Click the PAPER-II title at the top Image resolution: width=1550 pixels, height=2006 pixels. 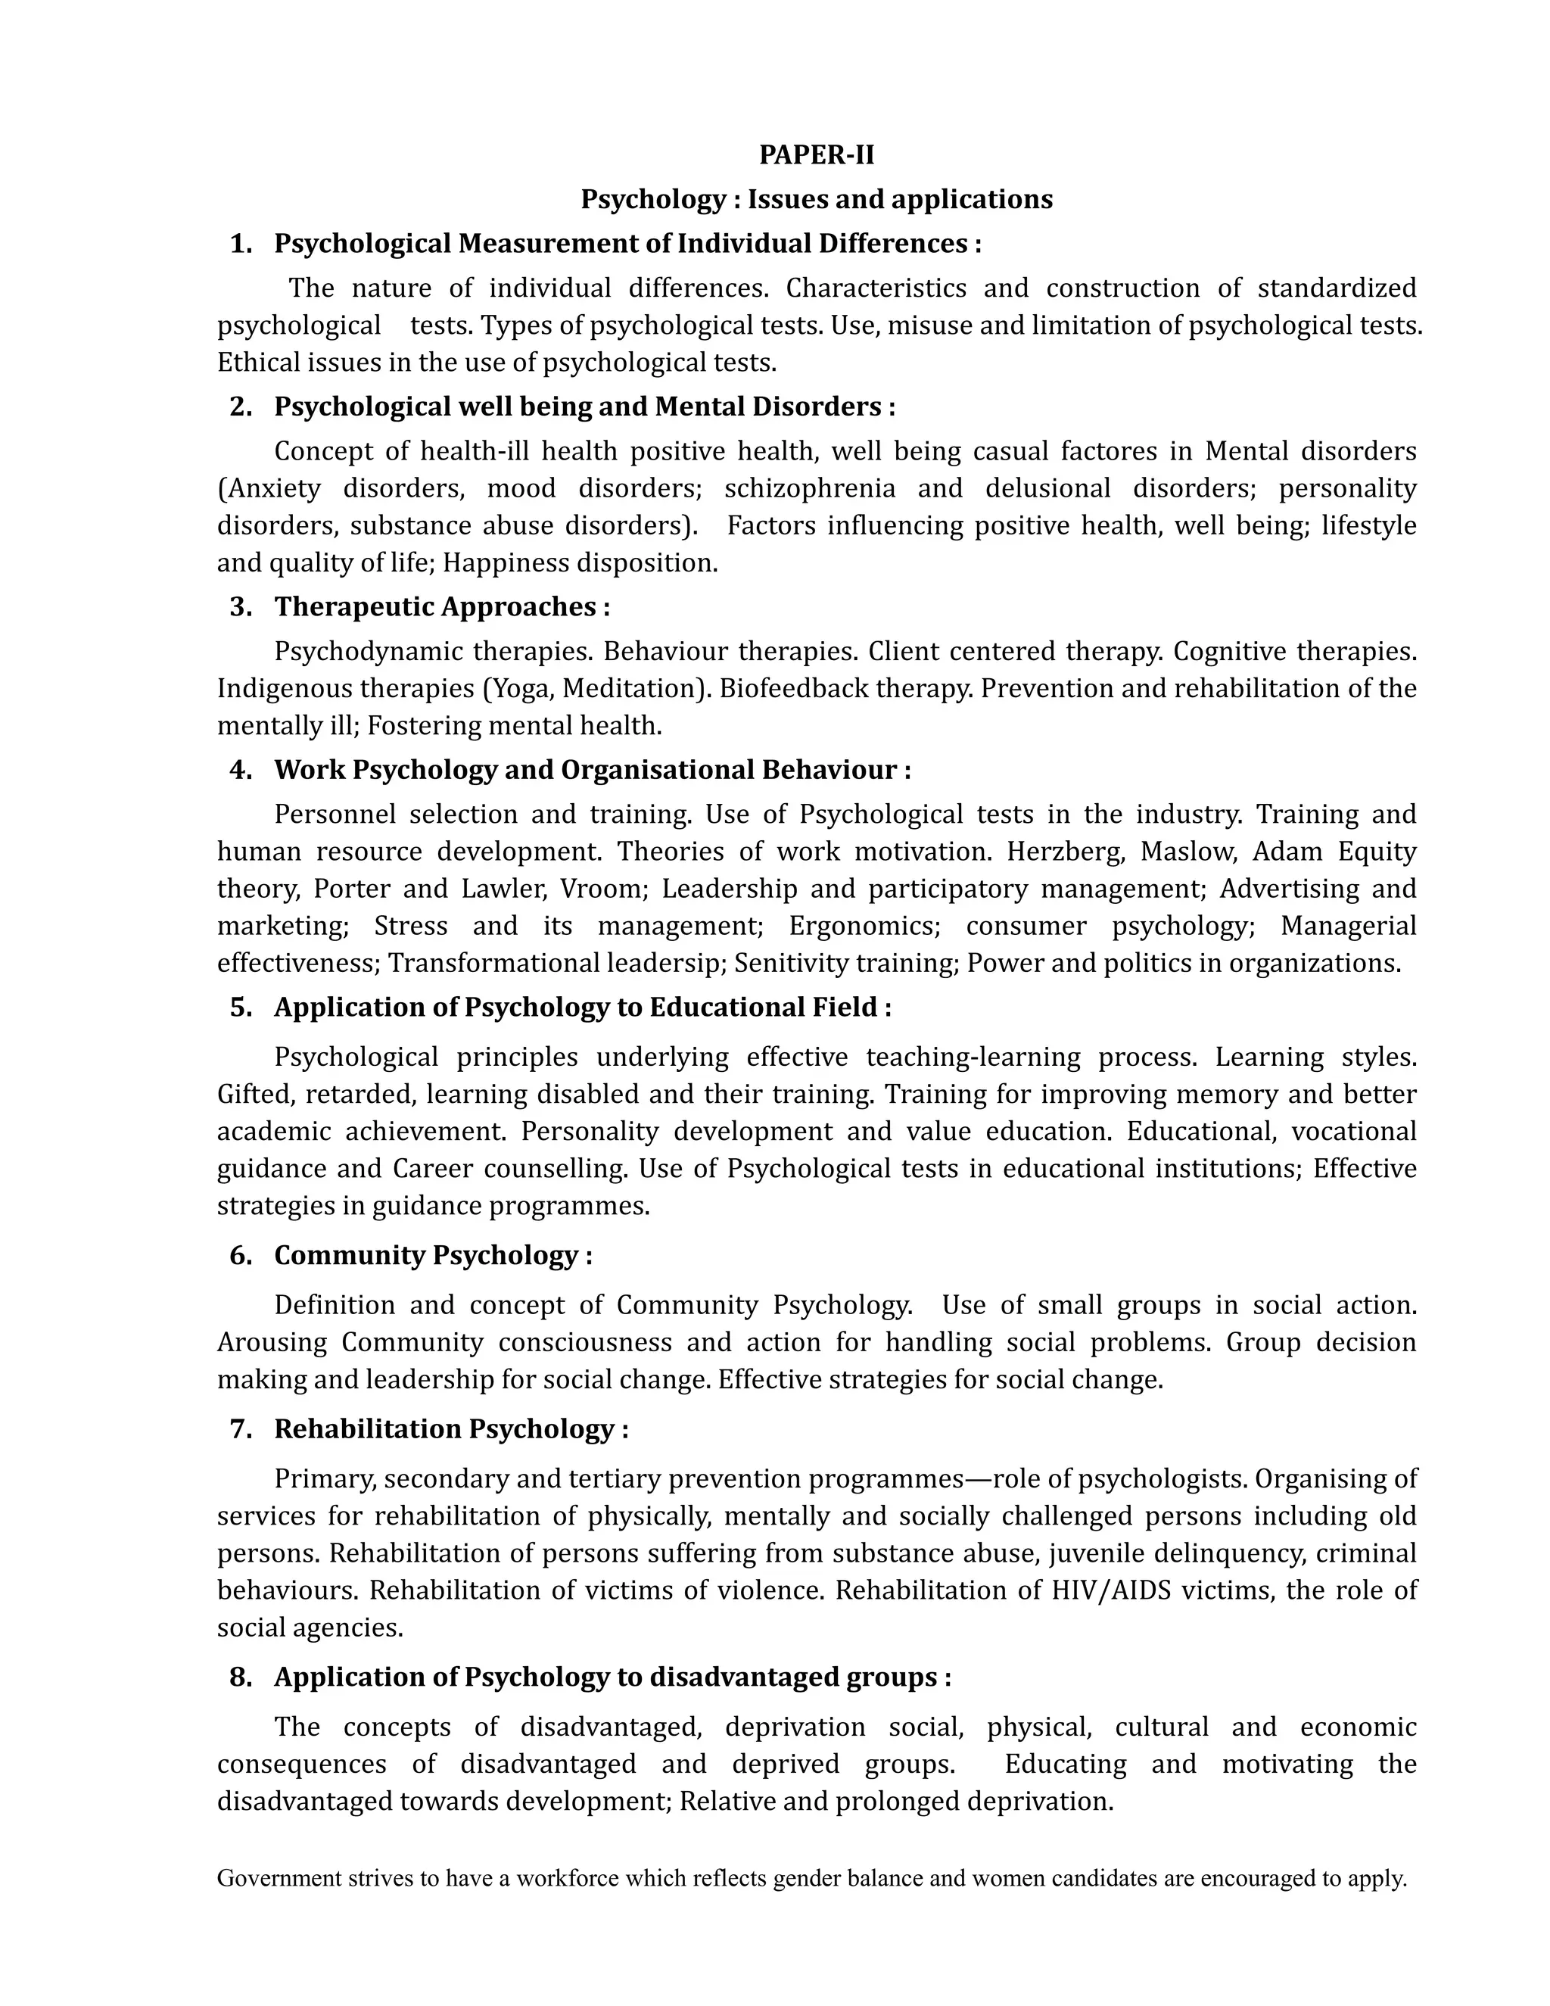click(x=817, y=155)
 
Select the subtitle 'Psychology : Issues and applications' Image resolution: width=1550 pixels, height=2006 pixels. click(x=817, y=199)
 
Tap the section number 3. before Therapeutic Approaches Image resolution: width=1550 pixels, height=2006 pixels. click(x=241, y=606)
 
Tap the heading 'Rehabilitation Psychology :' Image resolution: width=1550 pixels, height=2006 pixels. click(x=451, y=1428)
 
